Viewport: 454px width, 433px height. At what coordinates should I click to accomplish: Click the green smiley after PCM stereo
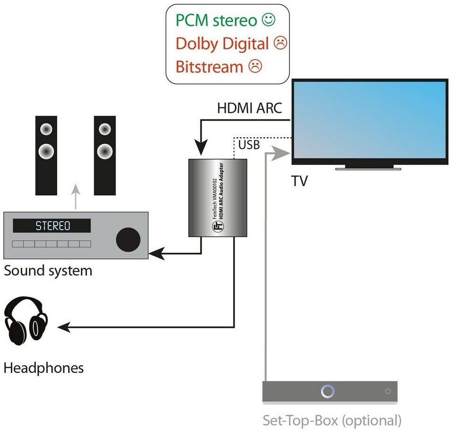[x=269, y=20]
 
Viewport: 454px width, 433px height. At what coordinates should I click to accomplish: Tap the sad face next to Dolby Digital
[x=280, y=44]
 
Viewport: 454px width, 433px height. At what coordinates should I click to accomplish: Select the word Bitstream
[x=209, y=66]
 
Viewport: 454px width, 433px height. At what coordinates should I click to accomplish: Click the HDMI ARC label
[x=249, y=108]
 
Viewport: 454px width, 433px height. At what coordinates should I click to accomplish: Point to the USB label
[x=249, y=144]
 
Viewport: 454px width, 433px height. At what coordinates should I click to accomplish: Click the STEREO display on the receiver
[x=52, y=226]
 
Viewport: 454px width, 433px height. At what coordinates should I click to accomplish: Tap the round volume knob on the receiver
[x=128, y=239]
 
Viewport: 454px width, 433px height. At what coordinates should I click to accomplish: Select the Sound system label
[x=48, y=271]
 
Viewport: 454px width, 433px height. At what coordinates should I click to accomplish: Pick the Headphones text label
[x=44, y=368]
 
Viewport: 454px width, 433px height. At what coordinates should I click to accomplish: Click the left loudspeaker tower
[x=46, y=155]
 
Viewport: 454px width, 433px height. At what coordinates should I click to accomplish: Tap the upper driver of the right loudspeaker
[x=104, y=129]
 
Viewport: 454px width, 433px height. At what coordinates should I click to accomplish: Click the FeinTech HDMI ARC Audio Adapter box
[x=218, y=197]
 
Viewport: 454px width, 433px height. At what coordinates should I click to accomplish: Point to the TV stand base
[x=369, y=167]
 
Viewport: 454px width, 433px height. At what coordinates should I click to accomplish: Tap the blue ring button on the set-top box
[x=328, y=391]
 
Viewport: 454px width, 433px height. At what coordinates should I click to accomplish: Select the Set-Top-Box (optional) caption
[x=332, y=420]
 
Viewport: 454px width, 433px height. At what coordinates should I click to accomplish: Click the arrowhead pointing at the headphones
[x=63, y=327]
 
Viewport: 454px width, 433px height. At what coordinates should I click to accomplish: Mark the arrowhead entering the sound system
[x=157, y=255]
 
